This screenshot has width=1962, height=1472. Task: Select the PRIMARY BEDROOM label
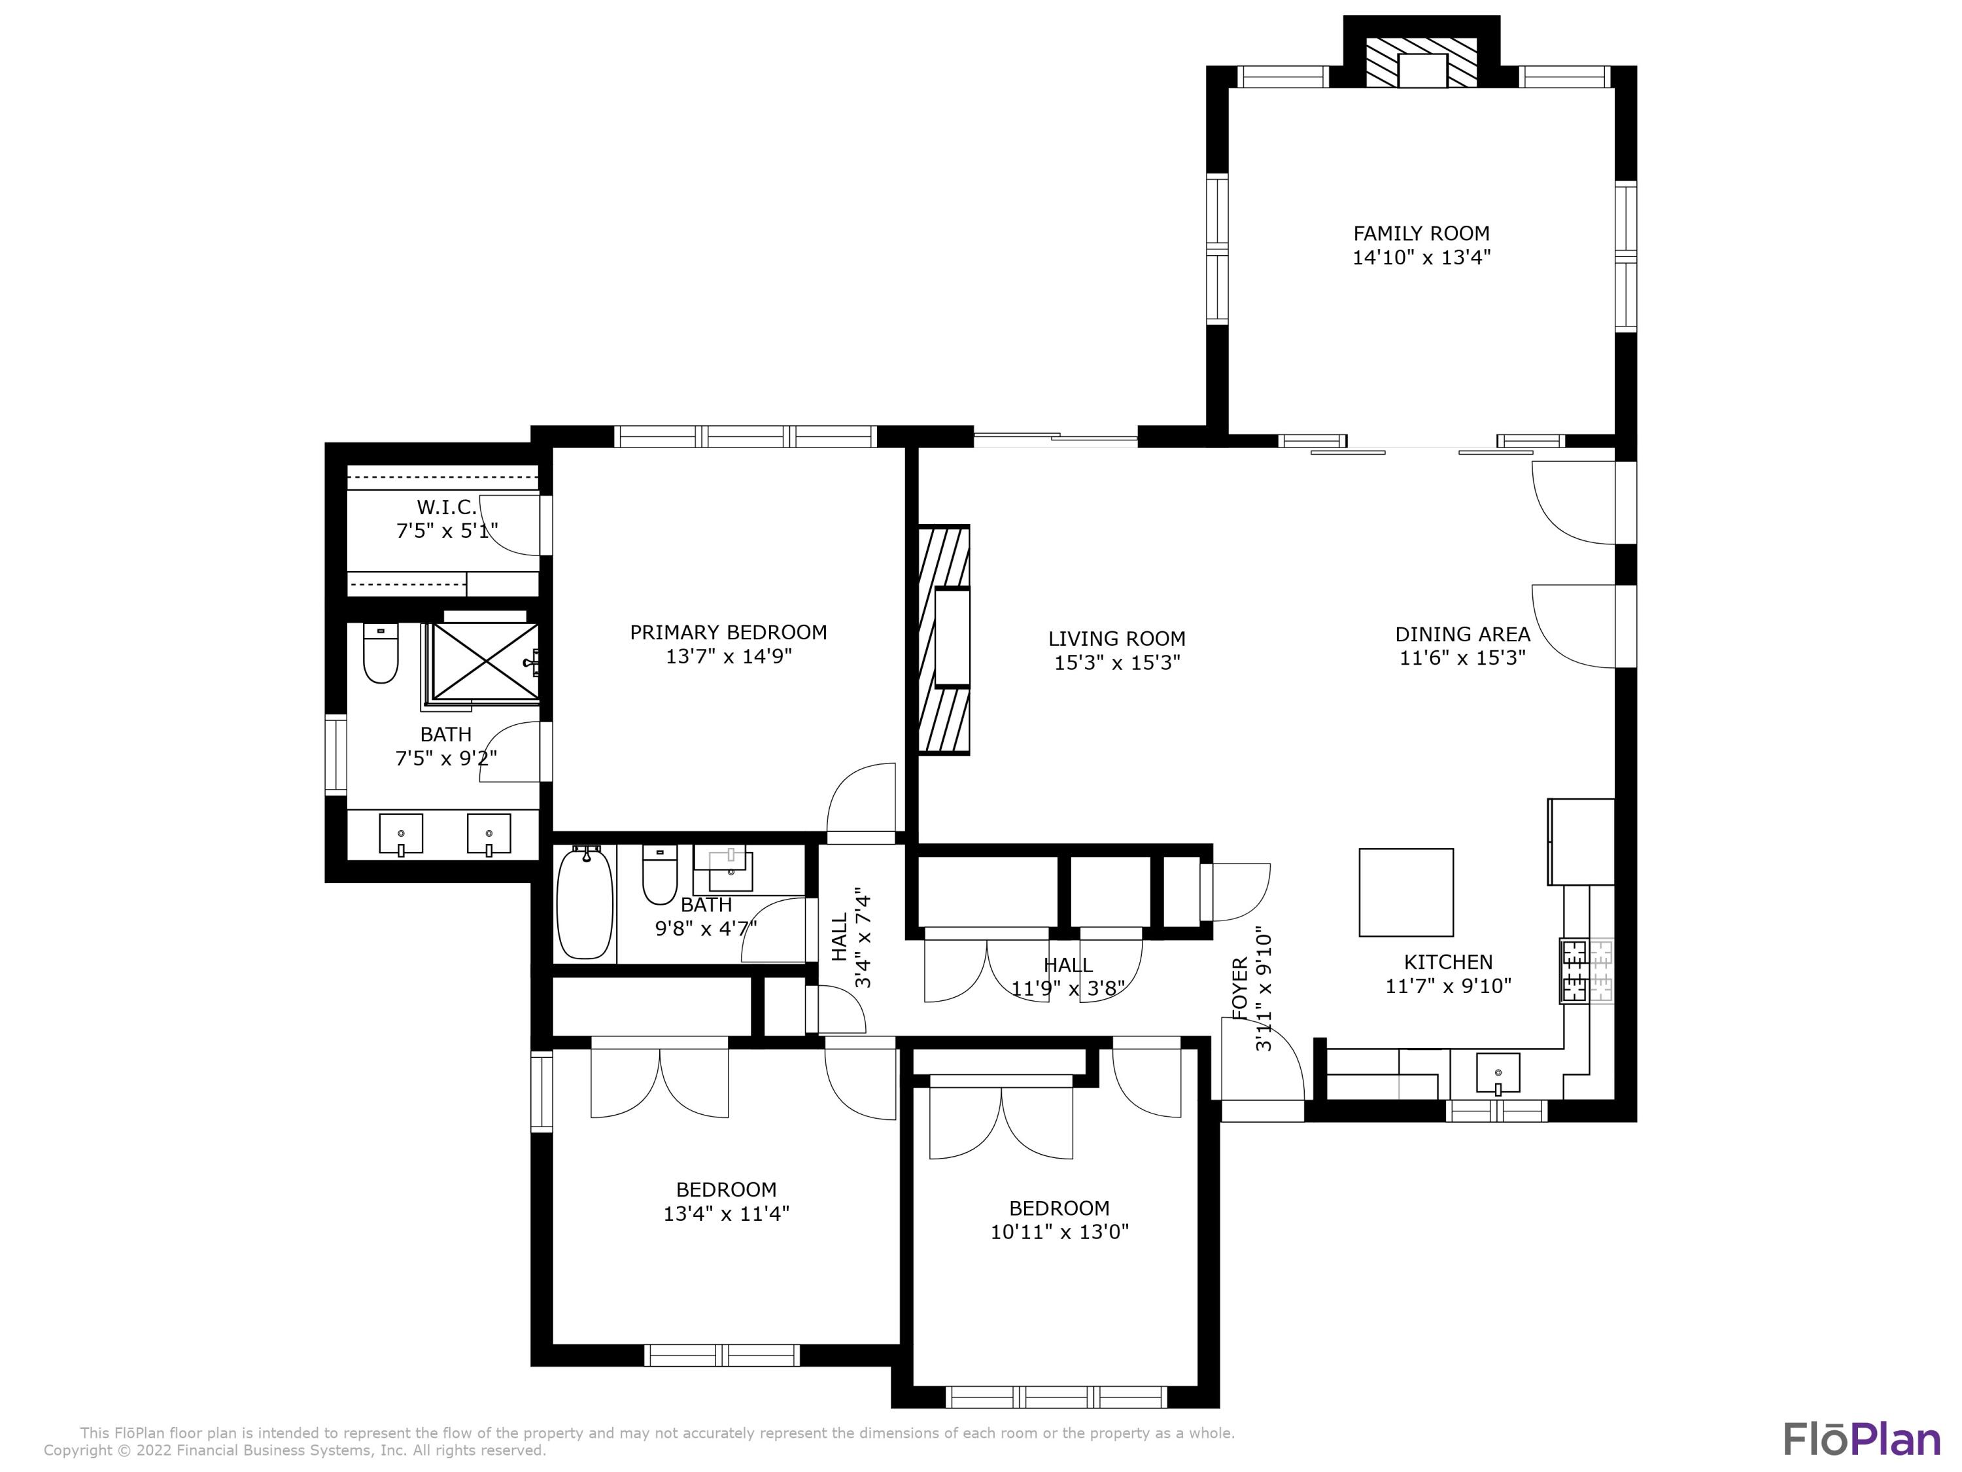tap(727, 633)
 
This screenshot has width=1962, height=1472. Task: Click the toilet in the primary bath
tap(381, 655)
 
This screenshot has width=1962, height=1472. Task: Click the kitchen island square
tap(1406, 892)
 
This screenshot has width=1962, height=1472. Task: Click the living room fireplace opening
tap(952, 639)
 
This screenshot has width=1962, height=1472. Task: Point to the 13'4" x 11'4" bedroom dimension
tap(725, 1213)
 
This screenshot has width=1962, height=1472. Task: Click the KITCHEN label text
tap(1447, 962)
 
